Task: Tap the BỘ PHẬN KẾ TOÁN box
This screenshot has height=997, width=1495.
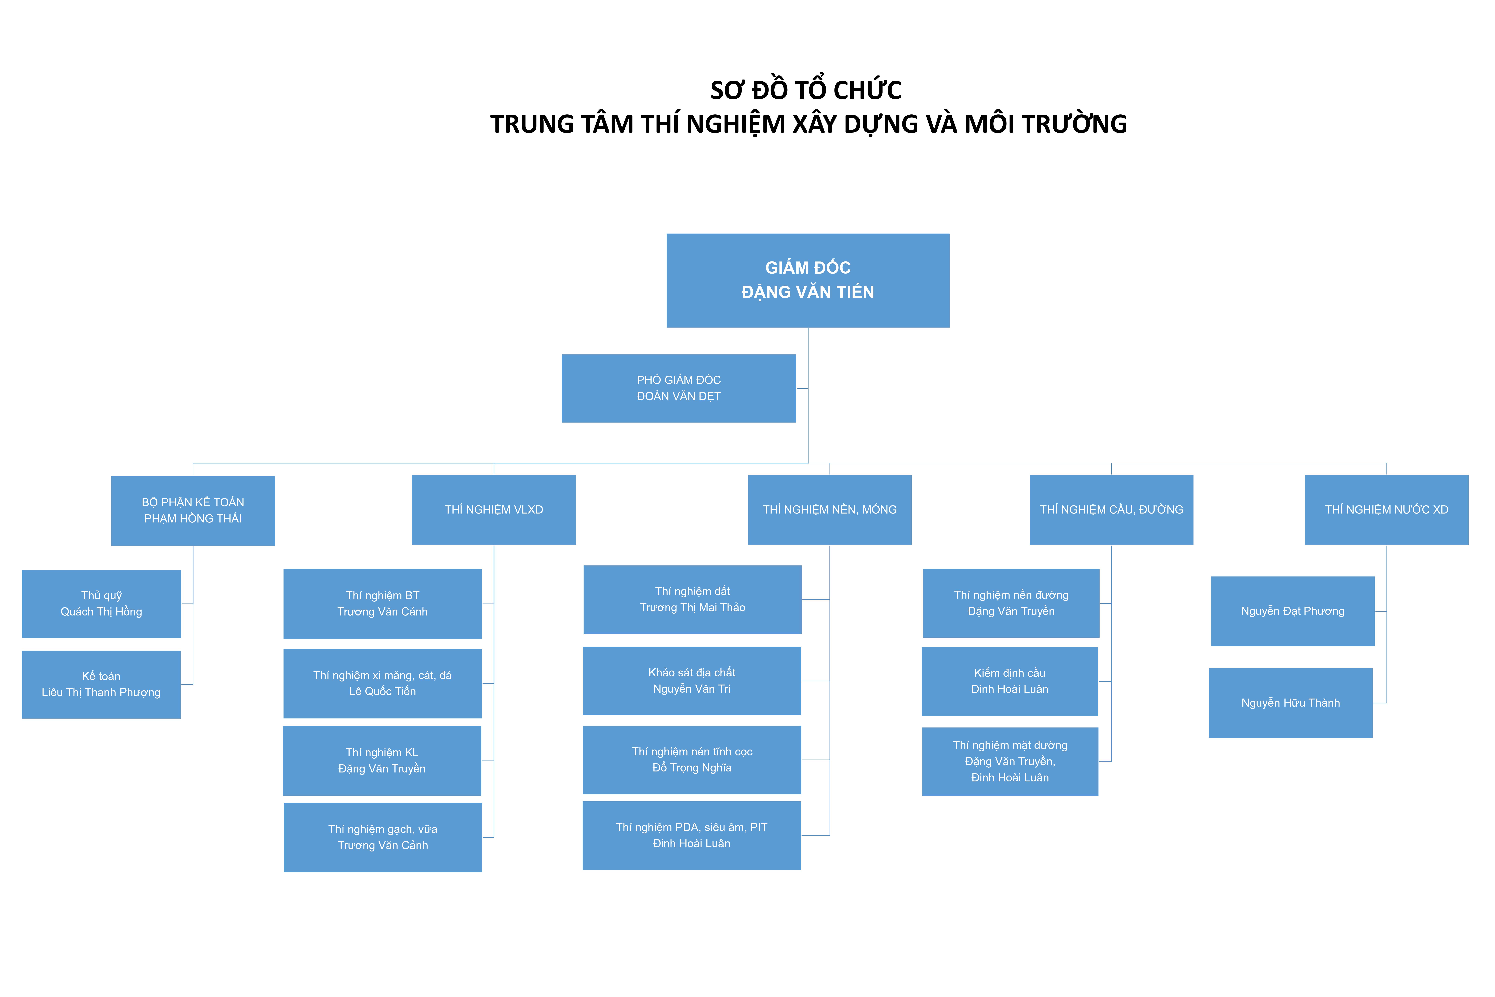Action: pyautogui.click(x=193, y=511)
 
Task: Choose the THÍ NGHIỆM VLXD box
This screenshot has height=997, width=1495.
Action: pyautogui.click(x=494, y=510)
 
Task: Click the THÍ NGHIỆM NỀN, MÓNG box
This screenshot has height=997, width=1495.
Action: pyautogui.click(x=829, y=510)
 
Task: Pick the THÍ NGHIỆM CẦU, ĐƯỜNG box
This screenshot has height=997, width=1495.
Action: pyautogui.click(x=1112, y=510)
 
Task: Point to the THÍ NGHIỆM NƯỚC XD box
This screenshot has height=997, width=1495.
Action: pyautogui.click(x=1387, y=510)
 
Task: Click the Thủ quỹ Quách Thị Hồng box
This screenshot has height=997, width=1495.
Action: pyautogui.click(x=101, y=603)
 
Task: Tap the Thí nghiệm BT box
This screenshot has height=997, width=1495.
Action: pyautogui.click(x=383, y=603)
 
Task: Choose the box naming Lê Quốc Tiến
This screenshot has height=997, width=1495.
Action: pyautogui.click(x=383, y=684)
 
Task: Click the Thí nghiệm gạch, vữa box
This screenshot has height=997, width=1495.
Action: pyautogui.click(x=383, y=837)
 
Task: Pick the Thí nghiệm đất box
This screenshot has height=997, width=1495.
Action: pyautogui.click(x=692, y=600)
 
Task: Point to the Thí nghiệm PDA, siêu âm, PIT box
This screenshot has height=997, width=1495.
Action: pyautogui.click(x=692, y=835)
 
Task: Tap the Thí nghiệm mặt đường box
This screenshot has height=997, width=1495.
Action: pyautogui.click(x=1010, y=762)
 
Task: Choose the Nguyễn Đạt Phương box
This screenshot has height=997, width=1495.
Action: pyautogui.click(x=1293, y=611)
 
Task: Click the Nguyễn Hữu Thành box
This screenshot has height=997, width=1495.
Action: pyautogui.click(x=1291, y=703)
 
